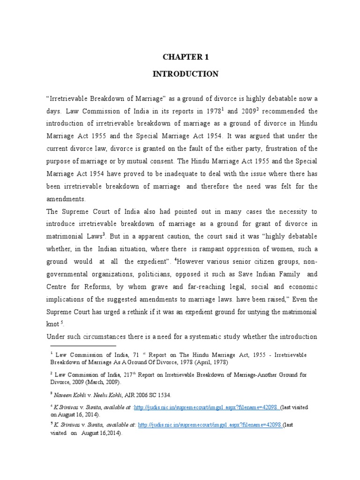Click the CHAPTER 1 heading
click(x=184, y=57)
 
